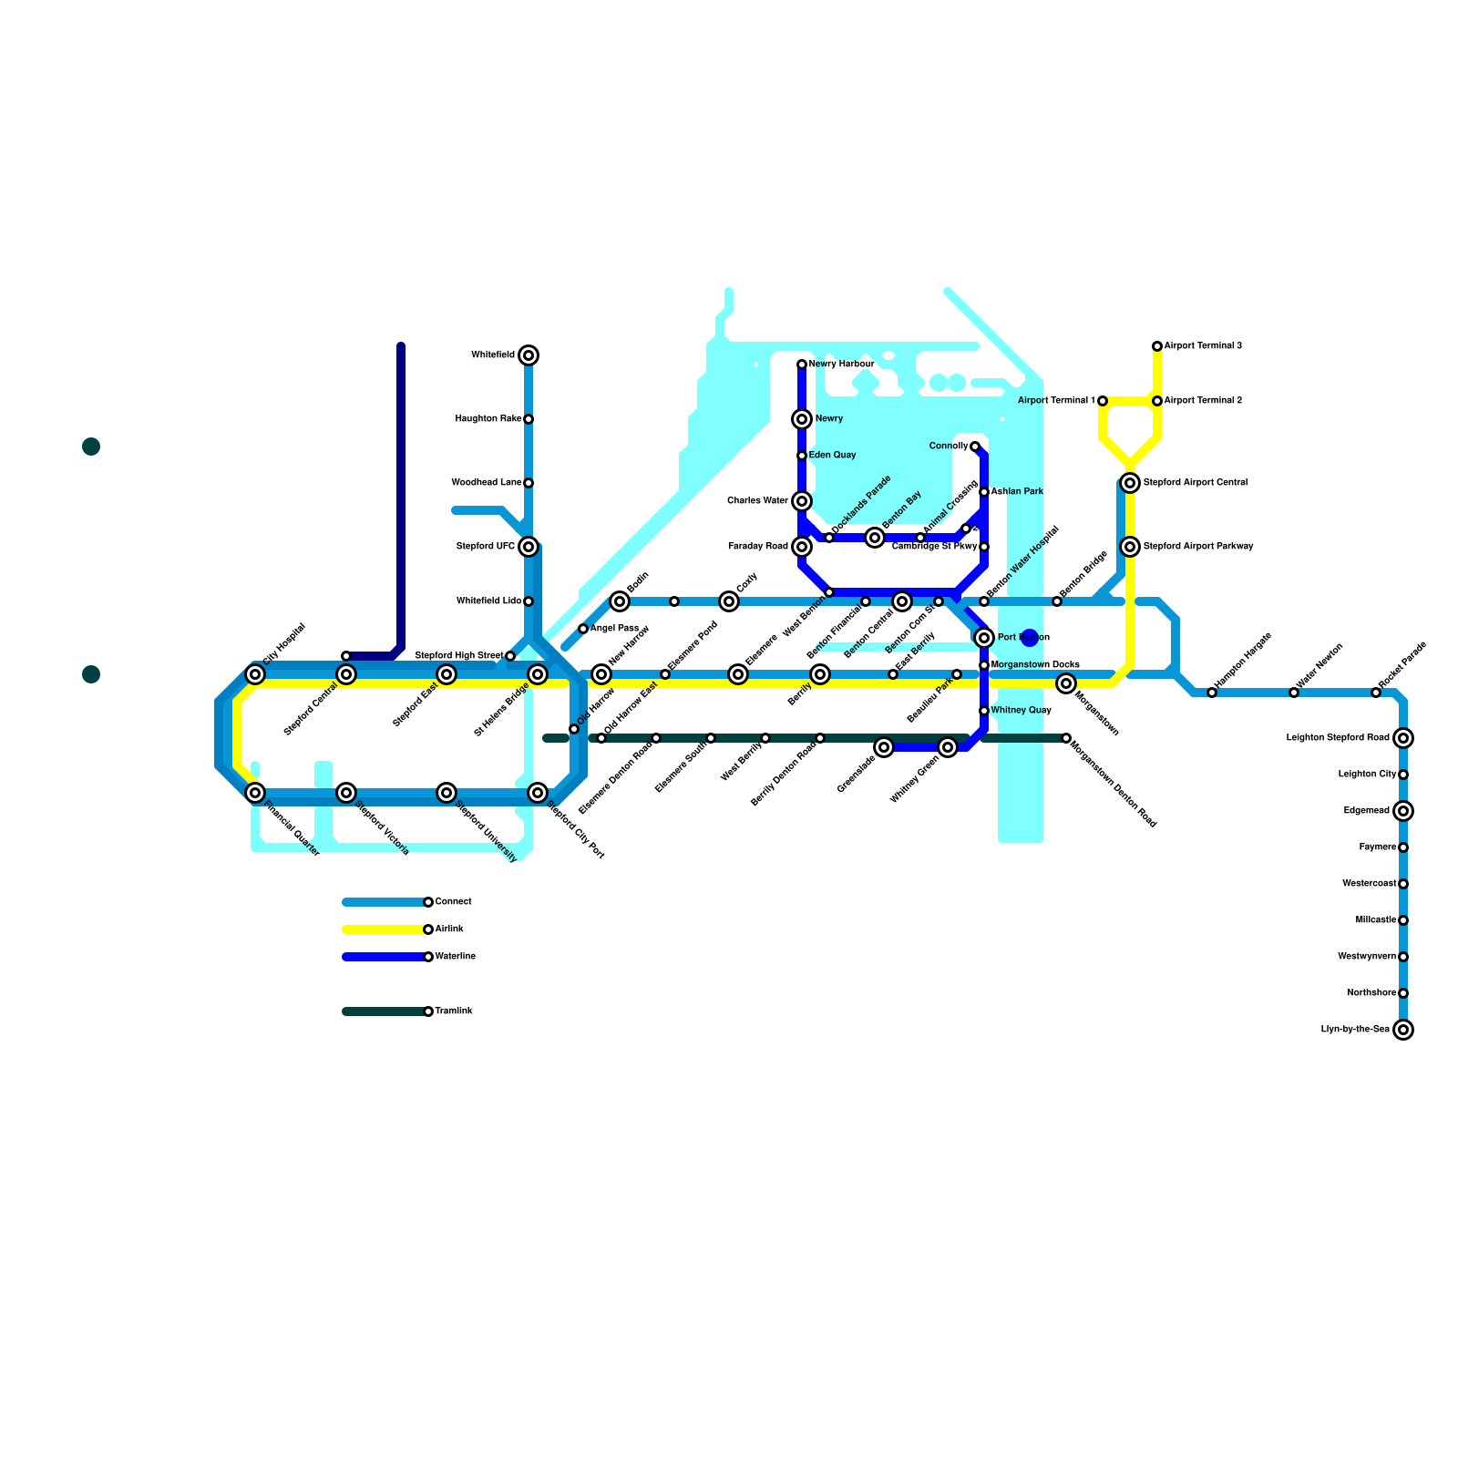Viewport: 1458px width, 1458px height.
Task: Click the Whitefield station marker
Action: [x=529, y=355]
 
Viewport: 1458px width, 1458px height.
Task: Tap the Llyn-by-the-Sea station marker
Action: [x=1403, y=1030]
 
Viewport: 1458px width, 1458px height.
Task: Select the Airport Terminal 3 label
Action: [x=1203, y=346]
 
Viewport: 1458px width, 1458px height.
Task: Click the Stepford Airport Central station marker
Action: [x=1130, y=483]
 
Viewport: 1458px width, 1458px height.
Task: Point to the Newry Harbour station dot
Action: [x=802, y=364]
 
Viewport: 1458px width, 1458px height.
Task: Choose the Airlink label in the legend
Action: [x=449, y=929]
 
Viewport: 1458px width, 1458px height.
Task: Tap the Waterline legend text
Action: [x=455, y=957]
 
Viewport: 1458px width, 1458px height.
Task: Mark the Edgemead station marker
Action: [x=1403, y=811]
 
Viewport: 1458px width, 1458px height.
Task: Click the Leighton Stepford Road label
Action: [x=1338, y=738]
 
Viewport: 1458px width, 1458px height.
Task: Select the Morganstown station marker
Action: [x=1066, y=683]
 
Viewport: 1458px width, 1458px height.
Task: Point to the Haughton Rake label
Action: [x=488, y=419]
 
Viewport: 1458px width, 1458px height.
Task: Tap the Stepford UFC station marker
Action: [x=529, y=547]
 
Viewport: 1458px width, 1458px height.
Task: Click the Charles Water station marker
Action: [x=802, y=501]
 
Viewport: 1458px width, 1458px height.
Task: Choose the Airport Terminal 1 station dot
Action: [x=1103, y=401]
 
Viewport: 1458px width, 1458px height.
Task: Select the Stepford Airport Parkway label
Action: [x=1198, y=547]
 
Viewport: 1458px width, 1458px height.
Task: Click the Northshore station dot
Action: [x=1403, y=993]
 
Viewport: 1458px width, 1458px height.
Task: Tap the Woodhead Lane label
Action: [x=487, y=483]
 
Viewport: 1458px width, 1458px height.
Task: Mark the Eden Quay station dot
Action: [x=802, y=456]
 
